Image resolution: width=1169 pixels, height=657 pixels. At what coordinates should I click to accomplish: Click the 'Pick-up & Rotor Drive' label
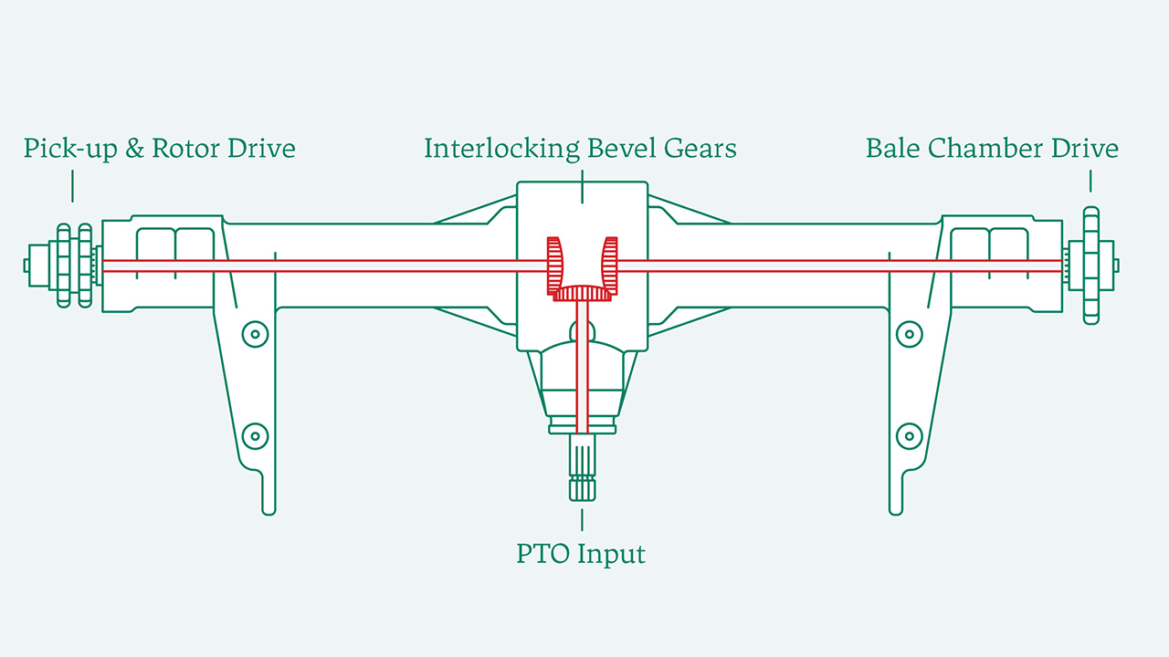click(160, 149)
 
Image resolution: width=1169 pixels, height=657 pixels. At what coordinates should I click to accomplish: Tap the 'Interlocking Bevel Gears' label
click(580, 149)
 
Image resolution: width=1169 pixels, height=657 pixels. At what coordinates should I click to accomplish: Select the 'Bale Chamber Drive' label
click(992, 149)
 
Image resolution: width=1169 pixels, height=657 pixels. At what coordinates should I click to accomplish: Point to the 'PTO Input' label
click(581, 554)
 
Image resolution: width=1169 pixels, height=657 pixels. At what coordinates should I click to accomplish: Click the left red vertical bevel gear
click(554, 266)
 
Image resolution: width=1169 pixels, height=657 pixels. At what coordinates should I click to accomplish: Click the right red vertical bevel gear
click(609, 266)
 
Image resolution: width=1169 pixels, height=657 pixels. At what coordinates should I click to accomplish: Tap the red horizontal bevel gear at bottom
click(582, 293)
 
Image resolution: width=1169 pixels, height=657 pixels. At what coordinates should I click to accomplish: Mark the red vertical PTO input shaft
click(582, 365)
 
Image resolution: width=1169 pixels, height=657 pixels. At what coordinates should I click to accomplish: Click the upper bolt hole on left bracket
click(255, 335)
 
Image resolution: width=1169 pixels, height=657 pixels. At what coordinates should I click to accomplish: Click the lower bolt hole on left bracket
click(255, 435)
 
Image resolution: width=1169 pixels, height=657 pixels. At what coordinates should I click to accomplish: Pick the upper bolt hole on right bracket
click(909, 335)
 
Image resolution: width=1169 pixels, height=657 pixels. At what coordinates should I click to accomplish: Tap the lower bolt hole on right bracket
click(909, 435)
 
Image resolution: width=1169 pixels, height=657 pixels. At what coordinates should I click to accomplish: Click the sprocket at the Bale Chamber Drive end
click(1090, 266)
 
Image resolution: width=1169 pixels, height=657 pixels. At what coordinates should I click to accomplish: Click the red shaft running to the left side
click(320, 266)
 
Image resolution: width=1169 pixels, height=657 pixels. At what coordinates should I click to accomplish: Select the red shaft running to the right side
click(840, 266)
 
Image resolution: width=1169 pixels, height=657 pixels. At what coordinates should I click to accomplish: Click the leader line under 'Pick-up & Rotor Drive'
click(72, 186)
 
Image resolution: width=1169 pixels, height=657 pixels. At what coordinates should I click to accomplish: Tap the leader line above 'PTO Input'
click(582, 519)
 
